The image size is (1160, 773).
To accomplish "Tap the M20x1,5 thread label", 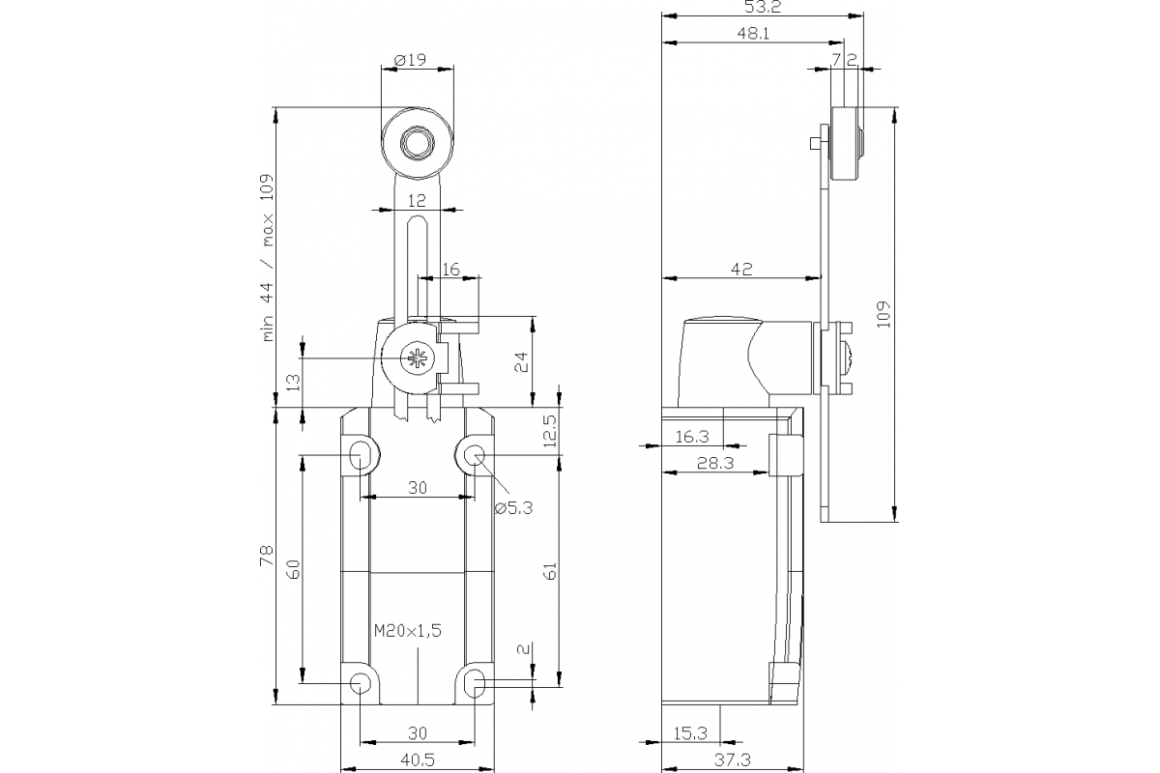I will point(407,631).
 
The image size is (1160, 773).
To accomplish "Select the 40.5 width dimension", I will point(417,760).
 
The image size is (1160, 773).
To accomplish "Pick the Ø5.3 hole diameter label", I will point(513,508).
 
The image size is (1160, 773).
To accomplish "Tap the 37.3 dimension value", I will point(734,760).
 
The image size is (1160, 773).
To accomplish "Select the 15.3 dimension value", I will point(690,731).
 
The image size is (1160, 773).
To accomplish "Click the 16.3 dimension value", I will point(691,437).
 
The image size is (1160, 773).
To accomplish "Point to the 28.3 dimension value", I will point(716,464).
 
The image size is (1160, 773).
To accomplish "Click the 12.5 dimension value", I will point(550,430).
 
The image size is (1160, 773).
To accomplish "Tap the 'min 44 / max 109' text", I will point(268,257).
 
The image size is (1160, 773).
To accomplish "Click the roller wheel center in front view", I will point(418,143).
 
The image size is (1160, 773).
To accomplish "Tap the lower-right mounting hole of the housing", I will point(475,684).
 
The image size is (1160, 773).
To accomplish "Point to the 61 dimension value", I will point(550,570).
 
